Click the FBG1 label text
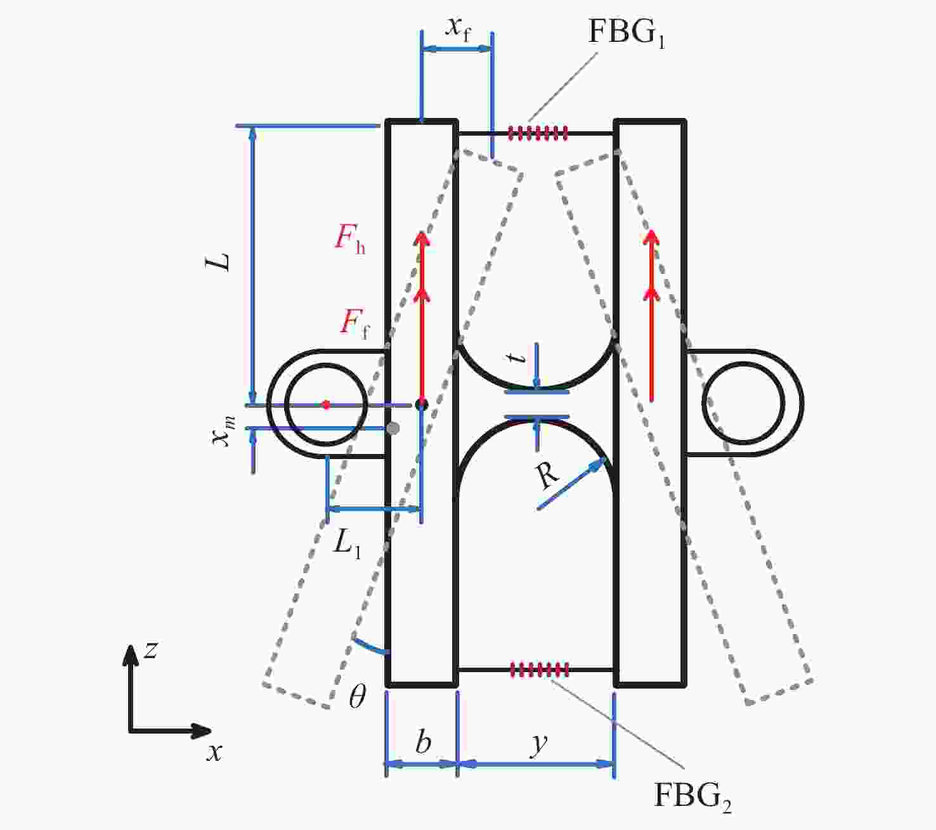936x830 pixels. click(626, 33)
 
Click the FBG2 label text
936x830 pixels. click(692, 795)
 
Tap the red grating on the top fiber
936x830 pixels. click(538, 133)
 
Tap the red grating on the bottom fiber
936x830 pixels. click(539, 669)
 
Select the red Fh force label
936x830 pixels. click(349, 240)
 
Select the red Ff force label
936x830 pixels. click(355, 323)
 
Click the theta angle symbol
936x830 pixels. click(358, 697)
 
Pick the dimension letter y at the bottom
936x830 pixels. click(538, 744)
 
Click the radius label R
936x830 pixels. click(547, 476)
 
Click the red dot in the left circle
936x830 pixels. click(326, 405)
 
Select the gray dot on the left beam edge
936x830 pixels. click(393, 429)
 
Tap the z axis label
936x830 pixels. click(151, 650)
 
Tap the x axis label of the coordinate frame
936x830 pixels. click(214, 753)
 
